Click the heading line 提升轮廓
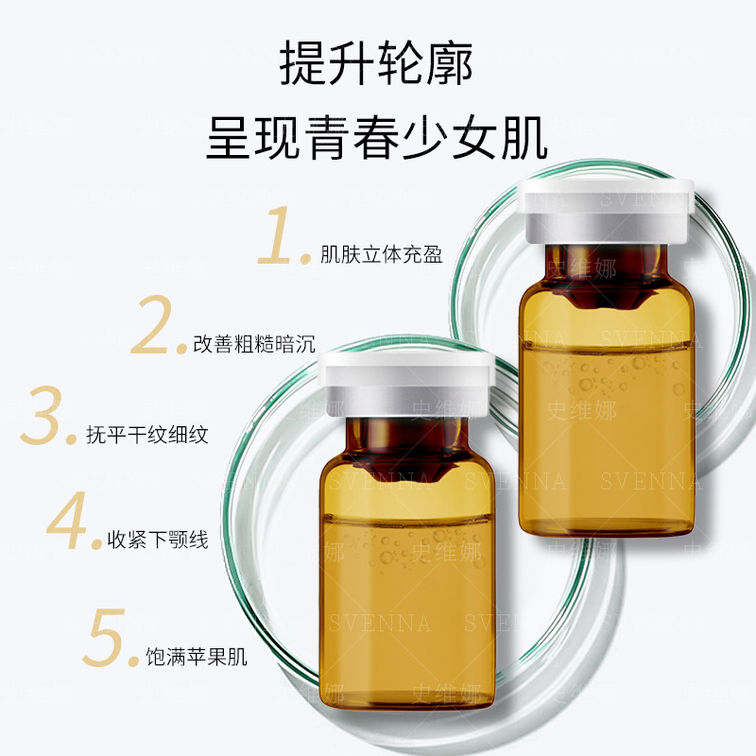tap(376, 63)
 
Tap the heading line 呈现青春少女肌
tap(377, 137)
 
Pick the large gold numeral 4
tap(67, 520)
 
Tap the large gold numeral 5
tap(104, 637)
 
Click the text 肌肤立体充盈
tap(382, 254)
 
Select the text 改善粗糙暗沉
tap(254, 344)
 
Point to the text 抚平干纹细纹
tap(147, 435)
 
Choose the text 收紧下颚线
tap(158, 540)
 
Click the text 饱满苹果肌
tap(197, 657)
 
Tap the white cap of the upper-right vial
tap(607, 211)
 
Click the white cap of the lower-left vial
tap(406, 385)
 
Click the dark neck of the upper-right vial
tap(607, 275)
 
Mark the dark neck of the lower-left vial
tap(406, 448)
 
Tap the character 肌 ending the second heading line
tap(524, 137)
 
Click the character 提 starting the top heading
tap(302, 63)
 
